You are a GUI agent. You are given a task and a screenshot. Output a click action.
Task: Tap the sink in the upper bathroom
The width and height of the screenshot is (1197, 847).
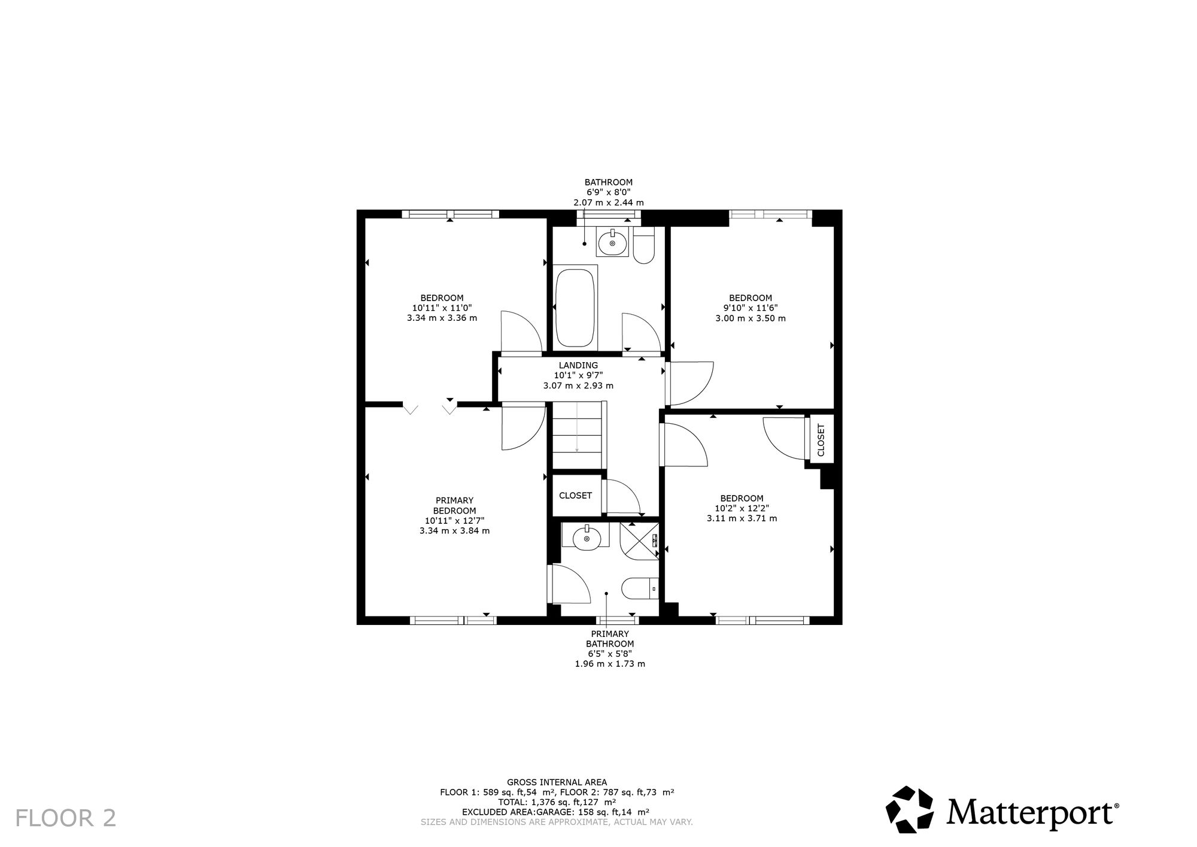(612, 242)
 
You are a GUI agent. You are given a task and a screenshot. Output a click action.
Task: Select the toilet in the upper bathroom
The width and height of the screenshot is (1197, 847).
(644, 245)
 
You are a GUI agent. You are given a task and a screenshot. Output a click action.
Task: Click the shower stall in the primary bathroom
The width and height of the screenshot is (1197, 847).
(639, 541)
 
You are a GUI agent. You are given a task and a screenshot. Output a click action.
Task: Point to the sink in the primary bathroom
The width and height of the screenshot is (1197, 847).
(587, 538)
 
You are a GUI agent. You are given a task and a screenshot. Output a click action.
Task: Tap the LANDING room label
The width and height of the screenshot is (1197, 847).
(578, 365)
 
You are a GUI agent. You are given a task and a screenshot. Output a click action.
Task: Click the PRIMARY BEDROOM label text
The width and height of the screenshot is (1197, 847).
(454, 505)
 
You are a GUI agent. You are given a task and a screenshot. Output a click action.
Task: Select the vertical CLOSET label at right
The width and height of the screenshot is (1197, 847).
(821, 440)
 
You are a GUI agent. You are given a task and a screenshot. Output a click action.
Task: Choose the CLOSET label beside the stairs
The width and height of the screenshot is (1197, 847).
(575, 496)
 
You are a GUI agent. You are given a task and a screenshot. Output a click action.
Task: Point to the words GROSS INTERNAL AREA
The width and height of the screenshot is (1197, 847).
(557, 782)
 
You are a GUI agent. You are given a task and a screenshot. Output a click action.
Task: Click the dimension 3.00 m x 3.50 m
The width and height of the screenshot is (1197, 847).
(751, 318)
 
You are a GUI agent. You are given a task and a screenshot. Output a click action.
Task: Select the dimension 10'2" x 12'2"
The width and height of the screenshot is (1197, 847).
(742, 508)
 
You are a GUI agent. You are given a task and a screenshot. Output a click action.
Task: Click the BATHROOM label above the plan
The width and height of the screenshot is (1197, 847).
(608, 182)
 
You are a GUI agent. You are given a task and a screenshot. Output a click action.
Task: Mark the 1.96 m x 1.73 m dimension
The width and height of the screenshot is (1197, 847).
(610, 664)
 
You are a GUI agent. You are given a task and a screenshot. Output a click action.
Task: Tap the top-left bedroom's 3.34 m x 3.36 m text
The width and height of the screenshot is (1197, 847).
(442, 318)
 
